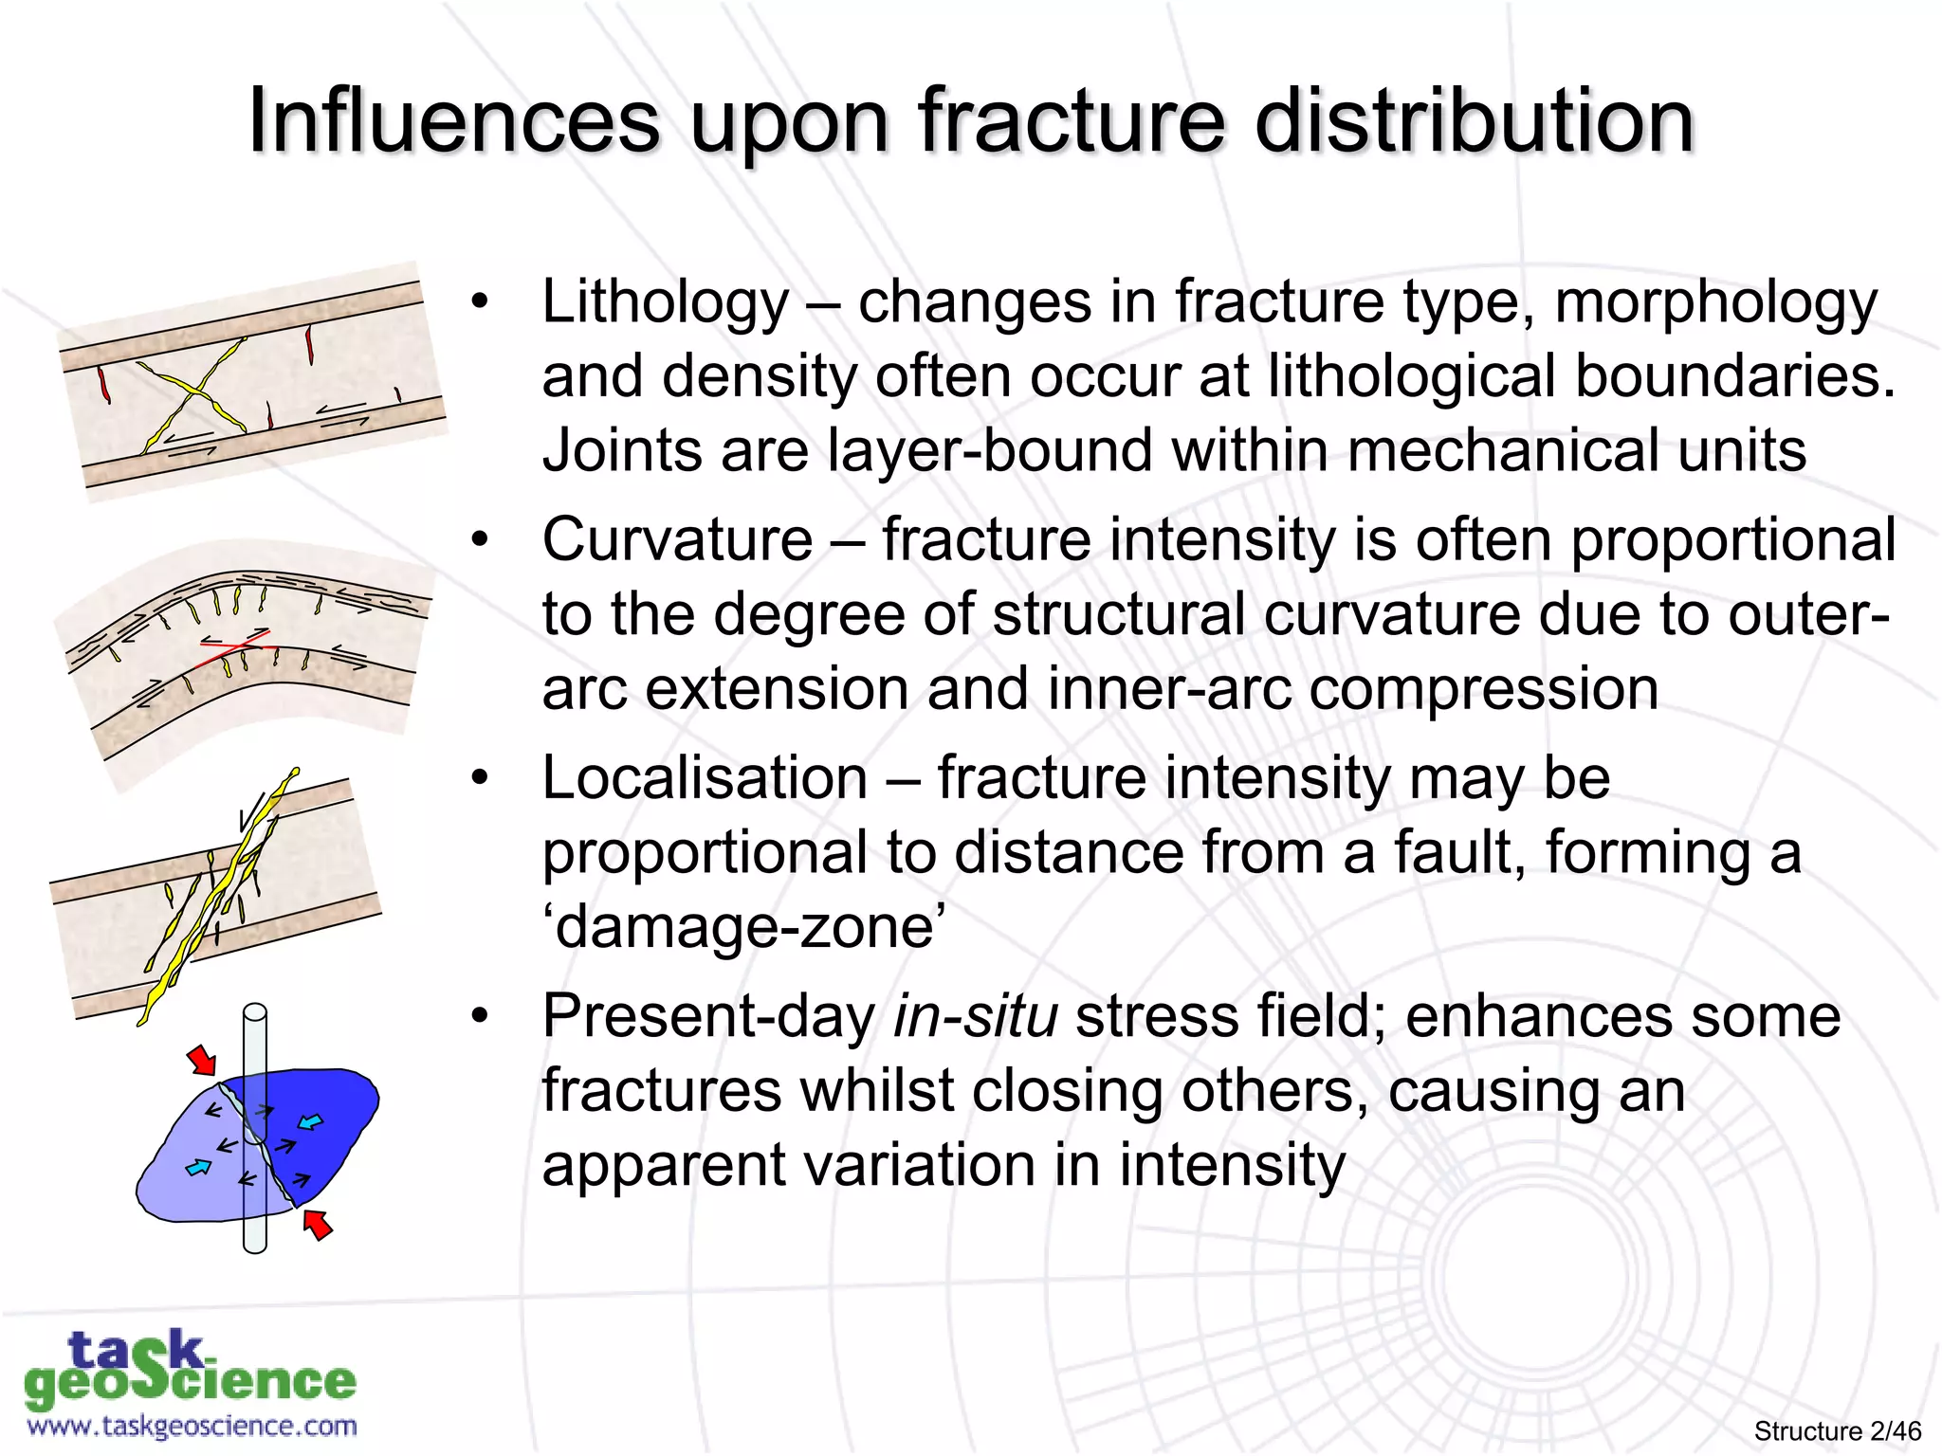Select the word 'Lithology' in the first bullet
[x=665, y=303]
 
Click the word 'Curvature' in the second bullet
[x=677, y=540]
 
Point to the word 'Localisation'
[x=705, y=779]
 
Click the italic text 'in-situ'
[x=975, y=1017]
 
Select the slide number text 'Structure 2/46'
[x=1837, y=1430]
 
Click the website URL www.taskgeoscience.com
[x=192, y=1426]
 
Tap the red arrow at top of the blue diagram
[x=201, y=1059]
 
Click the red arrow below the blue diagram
[x=318, y=1225]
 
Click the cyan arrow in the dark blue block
[x=310, y=1123]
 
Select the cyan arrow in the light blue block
[x=198, y=1167]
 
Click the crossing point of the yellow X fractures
[x=196, y=390]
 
